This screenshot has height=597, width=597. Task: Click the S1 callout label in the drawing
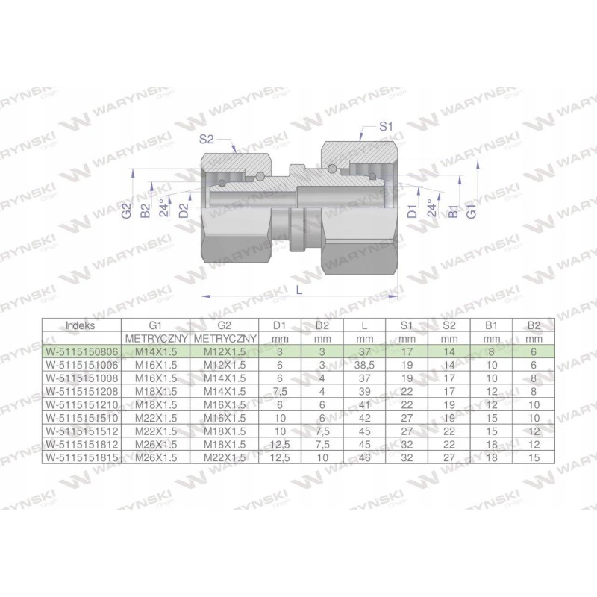[386, 128]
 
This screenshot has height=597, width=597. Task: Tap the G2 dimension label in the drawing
[127, 211]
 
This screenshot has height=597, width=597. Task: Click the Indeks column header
[81, 325]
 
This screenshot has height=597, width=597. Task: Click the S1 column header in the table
[407, 325]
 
